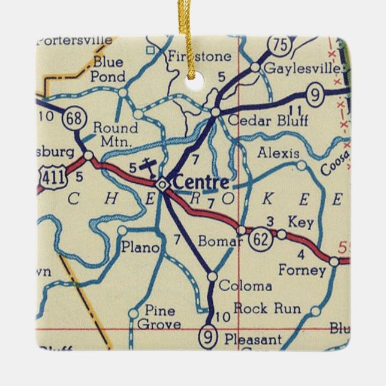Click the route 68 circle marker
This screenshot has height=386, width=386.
tap(75, 119)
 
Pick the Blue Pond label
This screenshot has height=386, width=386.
tap(108, 69)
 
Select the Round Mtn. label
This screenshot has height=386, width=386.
tap(116, 134)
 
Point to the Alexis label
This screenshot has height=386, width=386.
tap(278, 153)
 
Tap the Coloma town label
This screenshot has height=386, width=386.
tap(245, 286)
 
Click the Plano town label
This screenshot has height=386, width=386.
tap(140, 247)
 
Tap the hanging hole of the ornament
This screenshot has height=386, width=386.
tap(193, 82)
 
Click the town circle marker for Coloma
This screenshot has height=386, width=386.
tap(212, 276)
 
